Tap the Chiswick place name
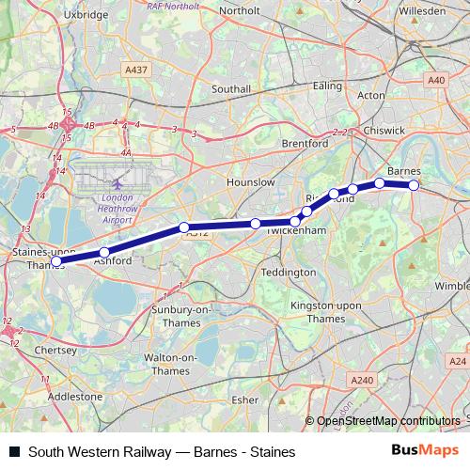385,130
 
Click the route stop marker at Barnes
414,185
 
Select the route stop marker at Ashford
104,252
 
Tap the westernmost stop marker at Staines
56,261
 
